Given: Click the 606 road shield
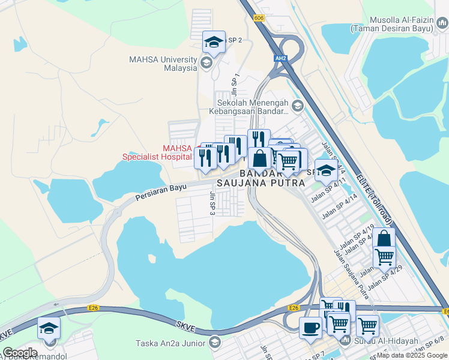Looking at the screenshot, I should pos(259,19).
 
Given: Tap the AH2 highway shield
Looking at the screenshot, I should pos(280,58).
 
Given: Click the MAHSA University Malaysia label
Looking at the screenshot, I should pos(163,64).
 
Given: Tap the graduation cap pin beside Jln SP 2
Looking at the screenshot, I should pos(214,43).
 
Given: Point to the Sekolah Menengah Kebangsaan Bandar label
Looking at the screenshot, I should pos(249,107).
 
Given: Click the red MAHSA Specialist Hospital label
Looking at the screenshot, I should pos(157,152).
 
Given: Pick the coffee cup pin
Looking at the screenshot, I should pos(310,328).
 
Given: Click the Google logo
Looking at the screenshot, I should pos(20,353).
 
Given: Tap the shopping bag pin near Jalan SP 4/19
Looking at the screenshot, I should pos(384,239).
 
